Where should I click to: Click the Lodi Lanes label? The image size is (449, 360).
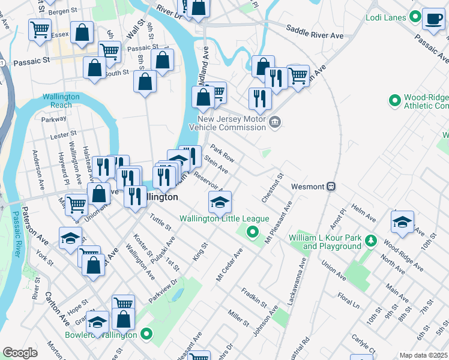point(385,17)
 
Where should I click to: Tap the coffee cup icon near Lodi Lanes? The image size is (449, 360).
point(432,19)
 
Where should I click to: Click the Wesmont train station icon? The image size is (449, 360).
point(331,187)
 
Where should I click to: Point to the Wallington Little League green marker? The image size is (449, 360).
point(253,232)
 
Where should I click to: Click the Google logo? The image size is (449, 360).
point(20,353)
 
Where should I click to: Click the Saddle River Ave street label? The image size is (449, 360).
point(315,32)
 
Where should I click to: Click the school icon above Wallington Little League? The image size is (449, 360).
point(220,202)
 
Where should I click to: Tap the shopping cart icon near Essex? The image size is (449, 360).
point(40,28)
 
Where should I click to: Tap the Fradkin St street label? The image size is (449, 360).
point(254,298)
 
